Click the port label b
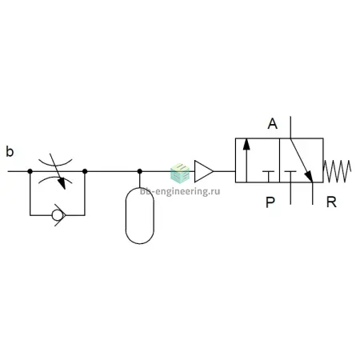[x=10, y=152]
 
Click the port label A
[x=272, y=124]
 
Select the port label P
[x=270, y=202]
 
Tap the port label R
[x=331, y=202]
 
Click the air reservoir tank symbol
[x=140, y=215]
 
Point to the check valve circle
[x=57, y=215]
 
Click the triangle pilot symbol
[x=204, y=171]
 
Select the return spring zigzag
[x=337, y=171]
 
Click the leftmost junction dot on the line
[x=30, y=171]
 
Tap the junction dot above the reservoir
[x=140, y=171]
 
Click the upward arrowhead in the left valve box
[x=246, y=144]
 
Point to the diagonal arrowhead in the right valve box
[x=309, y=177]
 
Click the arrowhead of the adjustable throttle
[x=62, y=183]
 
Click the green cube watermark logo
[x=180, y=174]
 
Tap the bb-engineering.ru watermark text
[x=180, y=191]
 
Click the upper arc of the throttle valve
[x=55, y=164]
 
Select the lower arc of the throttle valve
[x=55, y=178]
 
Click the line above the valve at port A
[x=290, y=127]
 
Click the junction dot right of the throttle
[x=85, y=171]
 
